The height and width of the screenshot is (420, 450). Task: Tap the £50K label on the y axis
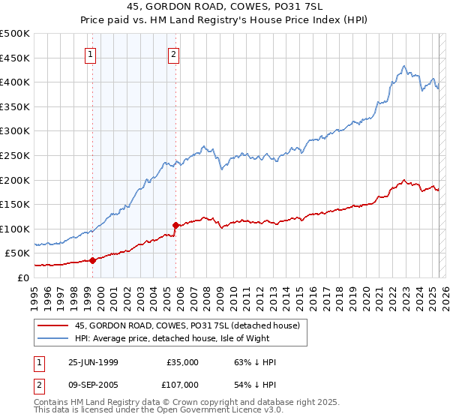[x=18, y=253]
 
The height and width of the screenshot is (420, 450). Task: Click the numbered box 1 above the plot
[x=90, y=53]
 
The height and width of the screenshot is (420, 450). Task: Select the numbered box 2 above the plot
[x=173, y=53]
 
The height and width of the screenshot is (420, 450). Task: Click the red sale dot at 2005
[x=175, y=225]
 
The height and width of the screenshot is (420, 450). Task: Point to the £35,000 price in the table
[x=182, y=362]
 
